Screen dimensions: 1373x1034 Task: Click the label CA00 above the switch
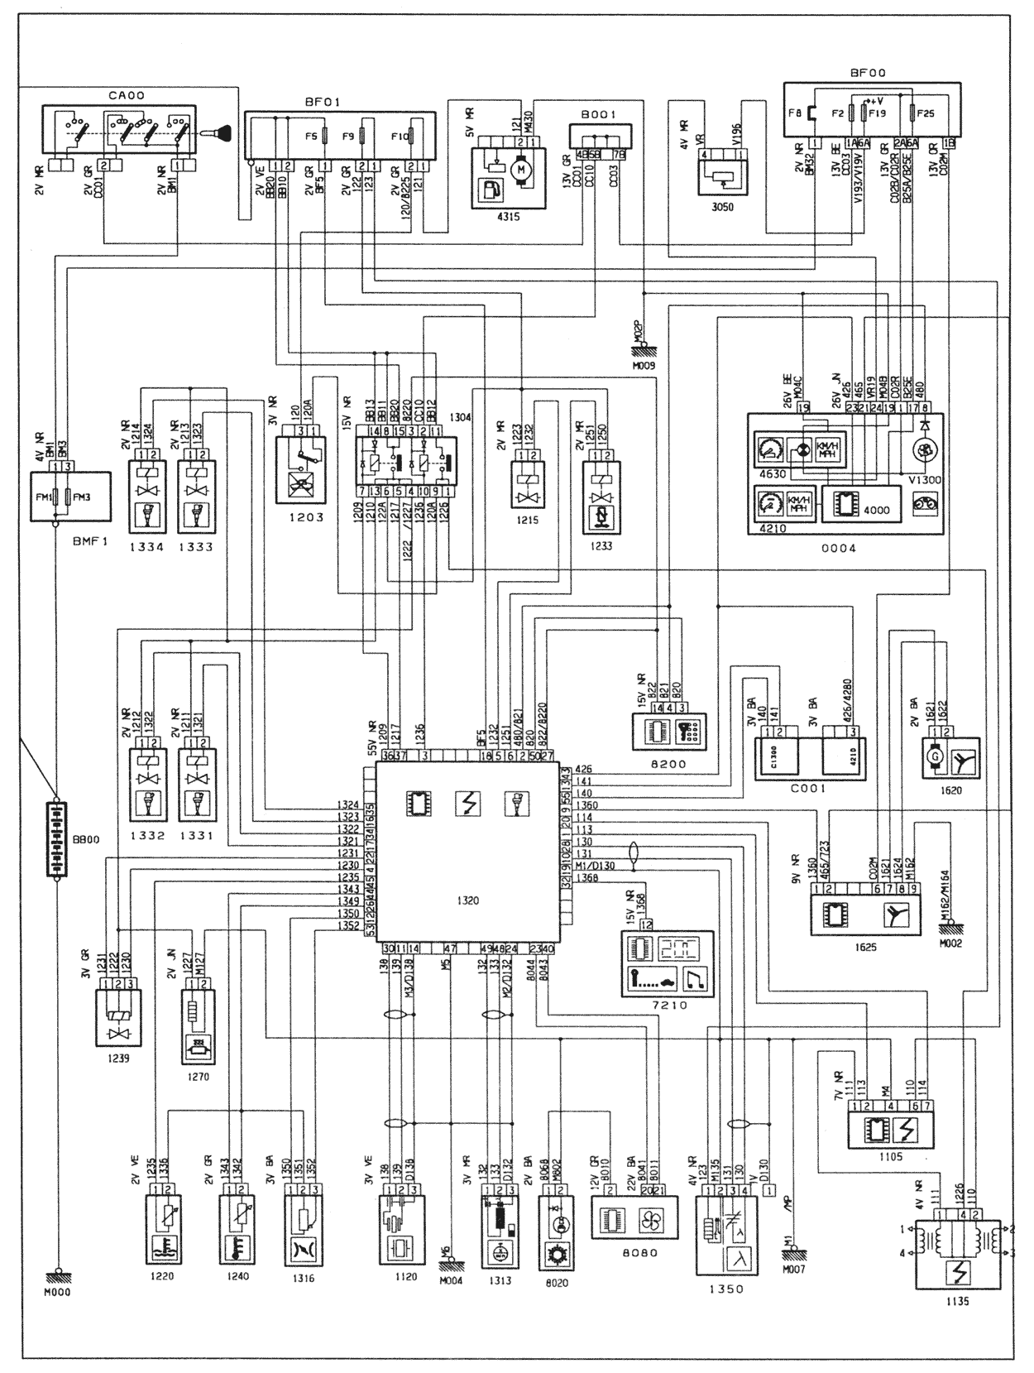(126, 96)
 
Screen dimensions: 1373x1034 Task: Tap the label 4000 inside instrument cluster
(875, 510)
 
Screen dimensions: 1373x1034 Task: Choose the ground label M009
(643, 364)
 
